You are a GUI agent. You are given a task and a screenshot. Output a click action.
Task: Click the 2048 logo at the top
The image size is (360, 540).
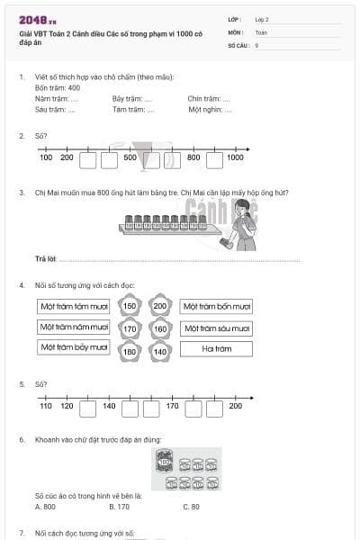tap(37, 19)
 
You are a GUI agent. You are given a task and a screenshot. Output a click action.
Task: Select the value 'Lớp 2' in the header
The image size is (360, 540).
tap(262, 19)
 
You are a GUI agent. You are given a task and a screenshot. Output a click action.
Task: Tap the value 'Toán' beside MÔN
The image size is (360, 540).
tap(261, 31)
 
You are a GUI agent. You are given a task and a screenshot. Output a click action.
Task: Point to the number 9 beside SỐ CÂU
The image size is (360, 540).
tap(257, 44)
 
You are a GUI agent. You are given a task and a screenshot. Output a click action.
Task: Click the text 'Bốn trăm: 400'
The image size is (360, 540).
tap(58, 88)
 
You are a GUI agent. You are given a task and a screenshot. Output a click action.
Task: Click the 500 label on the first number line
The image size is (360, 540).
tap(130, 157)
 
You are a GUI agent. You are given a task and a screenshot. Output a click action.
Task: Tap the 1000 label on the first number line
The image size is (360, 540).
tap(235, 157)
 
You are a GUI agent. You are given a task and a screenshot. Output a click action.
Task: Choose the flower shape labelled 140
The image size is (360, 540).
tap(160, 351)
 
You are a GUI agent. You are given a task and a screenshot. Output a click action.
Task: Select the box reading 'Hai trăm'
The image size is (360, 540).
tap(216, 349)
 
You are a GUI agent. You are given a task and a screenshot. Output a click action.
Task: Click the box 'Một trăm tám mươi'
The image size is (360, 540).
tap(73, 307)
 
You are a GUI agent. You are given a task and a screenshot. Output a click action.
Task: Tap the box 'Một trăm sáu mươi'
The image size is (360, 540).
tap(216, 328)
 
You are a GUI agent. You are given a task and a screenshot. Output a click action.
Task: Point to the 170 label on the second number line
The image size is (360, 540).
tap(172, 406)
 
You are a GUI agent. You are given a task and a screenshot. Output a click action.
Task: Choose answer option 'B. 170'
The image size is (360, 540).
tap(118, 507)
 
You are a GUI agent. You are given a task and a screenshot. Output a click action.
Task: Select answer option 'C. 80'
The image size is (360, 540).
tap(191, 507)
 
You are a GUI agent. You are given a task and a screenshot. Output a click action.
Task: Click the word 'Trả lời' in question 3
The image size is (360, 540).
tap(46, 259)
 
